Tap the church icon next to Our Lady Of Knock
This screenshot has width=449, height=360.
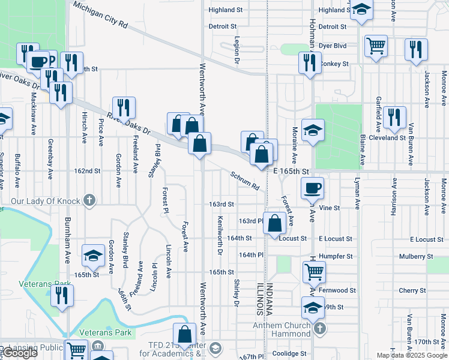89,200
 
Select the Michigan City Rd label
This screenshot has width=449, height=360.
100,14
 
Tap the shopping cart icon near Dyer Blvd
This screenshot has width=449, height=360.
376,46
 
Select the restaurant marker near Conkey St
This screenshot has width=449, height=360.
309,62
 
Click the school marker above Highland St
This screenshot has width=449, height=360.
361,10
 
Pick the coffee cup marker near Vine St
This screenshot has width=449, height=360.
312,188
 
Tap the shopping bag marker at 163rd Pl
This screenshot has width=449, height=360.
274,223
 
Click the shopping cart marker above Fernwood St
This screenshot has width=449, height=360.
315,272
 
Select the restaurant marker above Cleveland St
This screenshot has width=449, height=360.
394,116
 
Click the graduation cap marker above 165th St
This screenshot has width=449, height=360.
93,256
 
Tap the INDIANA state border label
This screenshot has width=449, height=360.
269,299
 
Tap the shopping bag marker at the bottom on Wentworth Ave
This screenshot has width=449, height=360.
185,334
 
